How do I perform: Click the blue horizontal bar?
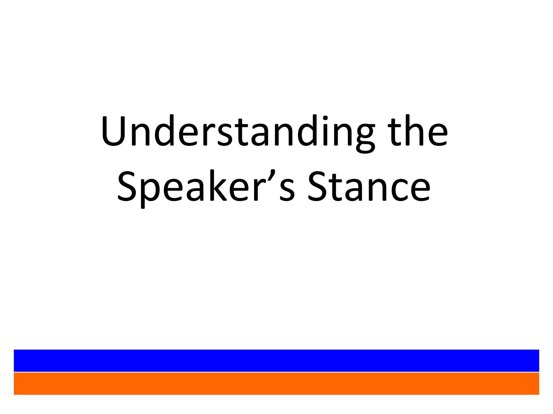[276, 360]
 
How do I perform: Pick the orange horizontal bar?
[276, 384]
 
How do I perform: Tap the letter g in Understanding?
[365, 137]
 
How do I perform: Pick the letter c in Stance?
[393, 190]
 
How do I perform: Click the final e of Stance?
[417, 190]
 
